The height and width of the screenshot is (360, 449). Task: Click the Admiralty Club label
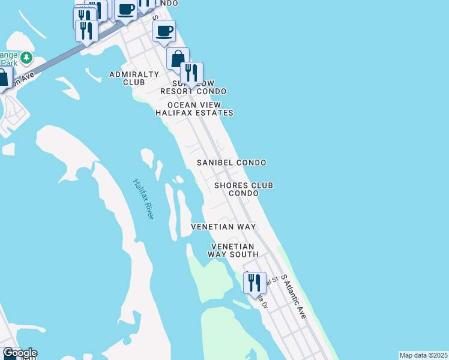pos(134,78)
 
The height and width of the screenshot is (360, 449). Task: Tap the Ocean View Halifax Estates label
pos(194,109)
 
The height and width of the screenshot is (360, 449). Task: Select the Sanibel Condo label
pos(232,163)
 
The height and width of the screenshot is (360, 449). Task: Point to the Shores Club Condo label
pos(244,189)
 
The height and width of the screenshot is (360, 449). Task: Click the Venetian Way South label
pos(232,250)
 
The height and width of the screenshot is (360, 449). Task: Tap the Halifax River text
pos(143,199)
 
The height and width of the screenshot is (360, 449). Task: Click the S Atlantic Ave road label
pos(294,297)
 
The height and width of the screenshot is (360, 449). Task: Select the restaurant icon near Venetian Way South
pos(255,283)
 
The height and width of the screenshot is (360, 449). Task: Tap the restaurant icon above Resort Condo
pos(191,73)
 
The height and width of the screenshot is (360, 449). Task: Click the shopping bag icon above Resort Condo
pos(177,59)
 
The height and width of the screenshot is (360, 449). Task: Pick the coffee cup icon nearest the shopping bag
pos(164,30)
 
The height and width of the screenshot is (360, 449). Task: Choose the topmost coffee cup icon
pos(126,10)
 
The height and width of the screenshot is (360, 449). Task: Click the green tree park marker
pos(26,58)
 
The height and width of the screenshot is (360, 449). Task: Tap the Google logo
pos(19,353)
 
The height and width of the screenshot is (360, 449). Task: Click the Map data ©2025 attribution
pos(423,355)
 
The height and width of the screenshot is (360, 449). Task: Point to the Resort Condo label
pos(193,91)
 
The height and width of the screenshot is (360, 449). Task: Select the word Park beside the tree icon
pos(8,62)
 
